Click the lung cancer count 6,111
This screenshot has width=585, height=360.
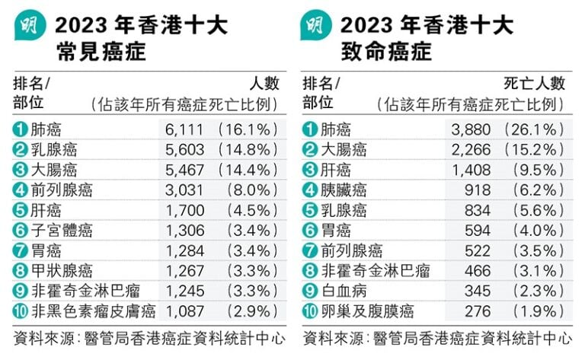click(x=184, y=129)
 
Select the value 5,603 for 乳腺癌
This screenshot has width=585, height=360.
click(x=184, y=149)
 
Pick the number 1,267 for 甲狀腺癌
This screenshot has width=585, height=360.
click(x=184, y=270)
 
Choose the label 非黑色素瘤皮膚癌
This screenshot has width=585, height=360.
click(x=94, y=311)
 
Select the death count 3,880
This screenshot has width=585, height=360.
click(x=472, y=129)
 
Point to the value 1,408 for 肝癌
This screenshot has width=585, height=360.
click(x=472, y=170)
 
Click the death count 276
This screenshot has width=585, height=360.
click(x=478, y=311)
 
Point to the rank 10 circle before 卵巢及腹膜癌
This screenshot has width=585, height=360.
click(x=309, y=311)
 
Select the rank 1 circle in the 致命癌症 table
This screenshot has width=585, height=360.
click(x=309, y=129)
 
